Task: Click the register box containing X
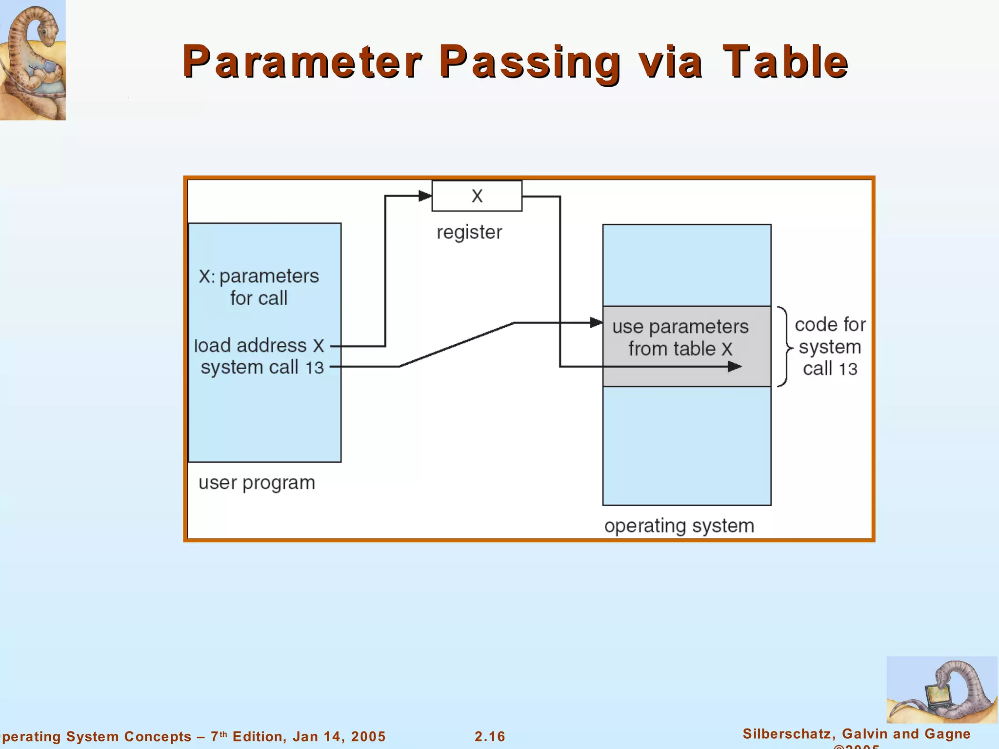(x=477, y=196)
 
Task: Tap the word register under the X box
(x=469, y=232)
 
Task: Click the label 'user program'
(x=257, y=483)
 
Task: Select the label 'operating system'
(x=679, y=526)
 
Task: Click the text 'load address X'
(x=259, y=346)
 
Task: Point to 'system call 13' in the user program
(x=262, y=367)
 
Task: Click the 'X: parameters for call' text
(x=259, y=287)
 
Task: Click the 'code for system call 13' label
(x=830, y=347)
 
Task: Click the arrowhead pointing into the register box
(x=425, y=196)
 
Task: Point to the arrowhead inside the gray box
(x=734, y=367)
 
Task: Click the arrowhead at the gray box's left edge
(x=596, y=322)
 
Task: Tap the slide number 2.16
(x=490, y=736)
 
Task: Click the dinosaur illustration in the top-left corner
(x=33, y=59)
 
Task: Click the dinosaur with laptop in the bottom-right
(x=941, y=690)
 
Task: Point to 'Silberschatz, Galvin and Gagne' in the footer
(x=857, y=733)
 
